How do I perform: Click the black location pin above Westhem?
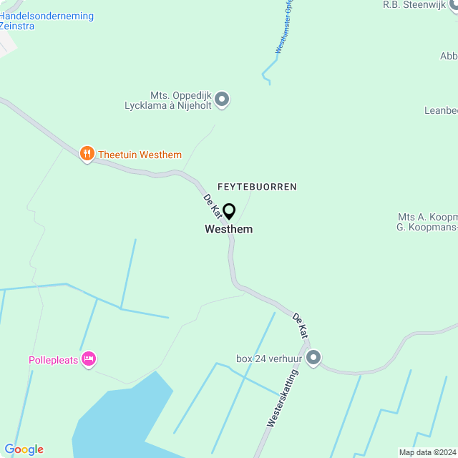pyautogui.click(x=229, y=211)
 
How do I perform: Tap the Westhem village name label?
pyautogui.click(x=228, y=230)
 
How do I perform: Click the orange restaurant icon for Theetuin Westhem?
pyautogui.click(x=87, y=153)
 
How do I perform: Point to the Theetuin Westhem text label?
pyautogui.click(x=140, y=155)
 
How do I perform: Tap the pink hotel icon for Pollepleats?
pyautogui.click(x=88, y=358)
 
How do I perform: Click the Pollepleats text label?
pyautogui.click(x=52, y=359)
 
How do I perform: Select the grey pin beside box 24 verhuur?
pyautogui.click(x=313, y=356)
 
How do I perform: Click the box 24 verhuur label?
pyautogui.click(x=269, y=358)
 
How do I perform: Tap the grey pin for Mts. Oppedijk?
pyautogui.click(x=222, y=99)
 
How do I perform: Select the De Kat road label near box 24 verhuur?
pyautogui.click(x=300, y=324)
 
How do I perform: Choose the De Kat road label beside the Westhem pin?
pyautogui.click(x=212, y=205)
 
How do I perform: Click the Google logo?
pyautogui.click(x=24, y=449)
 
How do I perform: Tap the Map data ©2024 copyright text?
pyautogui.click(x=427, y=452)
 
